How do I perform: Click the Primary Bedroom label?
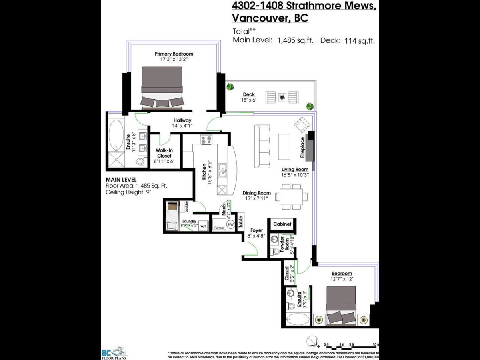174,54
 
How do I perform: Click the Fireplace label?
303,147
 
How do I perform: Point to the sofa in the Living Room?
262,146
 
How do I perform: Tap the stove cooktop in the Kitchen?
206,140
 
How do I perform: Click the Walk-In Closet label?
164,153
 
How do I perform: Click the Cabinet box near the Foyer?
282,224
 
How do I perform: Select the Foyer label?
256,230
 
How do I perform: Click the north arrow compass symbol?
311,342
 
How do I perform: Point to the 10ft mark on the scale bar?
375,344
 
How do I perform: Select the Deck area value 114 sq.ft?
359,40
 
